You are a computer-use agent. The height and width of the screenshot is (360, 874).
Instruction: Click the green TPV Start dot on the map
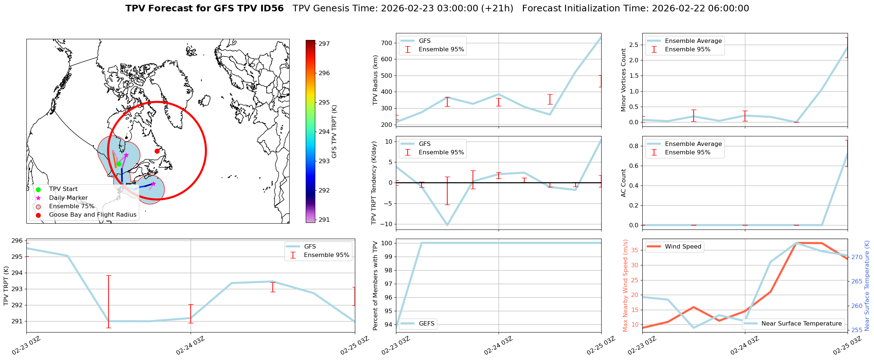(x=119, y=164)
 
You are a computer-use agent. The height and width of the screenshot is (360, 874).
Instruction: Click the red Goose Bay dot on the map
(x=157, y=151)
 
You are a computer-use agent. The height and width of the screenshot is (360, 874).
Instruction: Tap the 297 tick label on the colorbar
(x=324, y=44)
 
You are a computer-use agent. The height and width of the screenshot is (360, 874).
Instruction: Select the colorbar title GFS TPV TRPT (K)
(x=334, y=132)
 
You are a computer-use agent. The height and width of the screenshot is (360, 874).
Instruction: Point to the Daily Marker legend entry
(x=68, y=198)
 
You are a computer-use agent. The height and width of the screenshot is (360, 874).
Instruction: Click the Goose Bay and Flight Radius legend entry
(x=92, y=214)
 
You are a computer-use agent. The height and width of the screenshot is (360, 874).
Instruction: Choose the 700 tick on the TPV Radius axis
(x=388, y=43)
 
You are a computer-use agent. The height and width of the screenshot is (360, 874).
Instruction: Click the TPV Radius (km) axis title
(x=375, y=80)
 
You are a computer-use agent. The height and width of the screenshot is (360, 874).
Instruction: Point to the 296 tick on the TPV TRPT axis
(x=17, y=240)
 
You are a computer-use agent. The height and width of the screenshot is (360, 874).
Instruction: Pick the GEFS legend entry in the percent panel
(x=426, y=323)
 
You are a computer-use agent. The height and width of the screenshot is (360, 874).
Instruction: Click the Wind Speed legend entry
(x=683, y=246)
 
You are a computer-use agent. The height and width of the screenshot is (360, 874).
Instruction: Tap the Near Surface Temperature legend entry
(x=801, y=323)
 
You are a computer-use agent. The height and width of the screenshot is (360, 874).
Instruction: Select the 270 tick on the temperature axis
(x=857, y=257)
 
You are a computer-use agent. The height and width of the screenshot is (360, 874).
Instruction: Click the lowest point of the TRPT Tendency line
(x=447, y=225)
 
